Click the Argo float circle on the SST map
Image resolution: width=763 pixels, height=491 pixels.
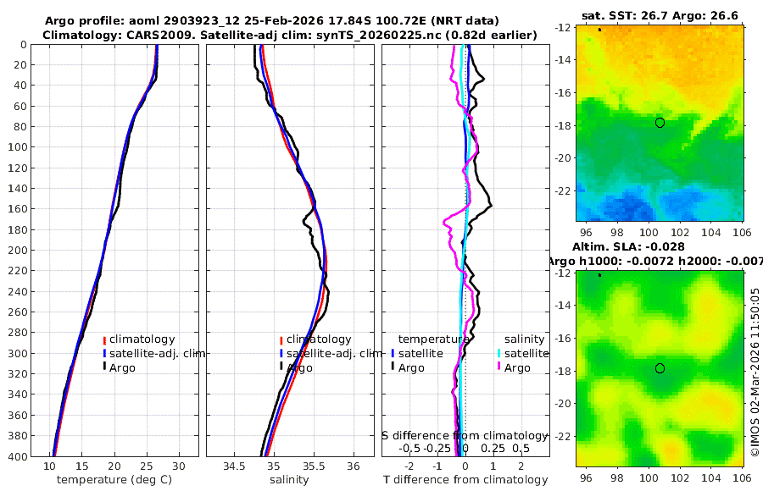[660, 123]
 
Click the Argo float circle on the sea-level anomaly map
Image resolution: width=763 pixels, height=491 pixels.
[660, 368]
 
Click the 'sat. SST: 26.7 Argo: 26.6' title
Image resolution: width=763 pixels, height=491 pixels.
[661, 16]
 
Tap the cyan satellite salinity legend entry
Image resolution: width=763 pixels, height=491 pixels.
[527, 353]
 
